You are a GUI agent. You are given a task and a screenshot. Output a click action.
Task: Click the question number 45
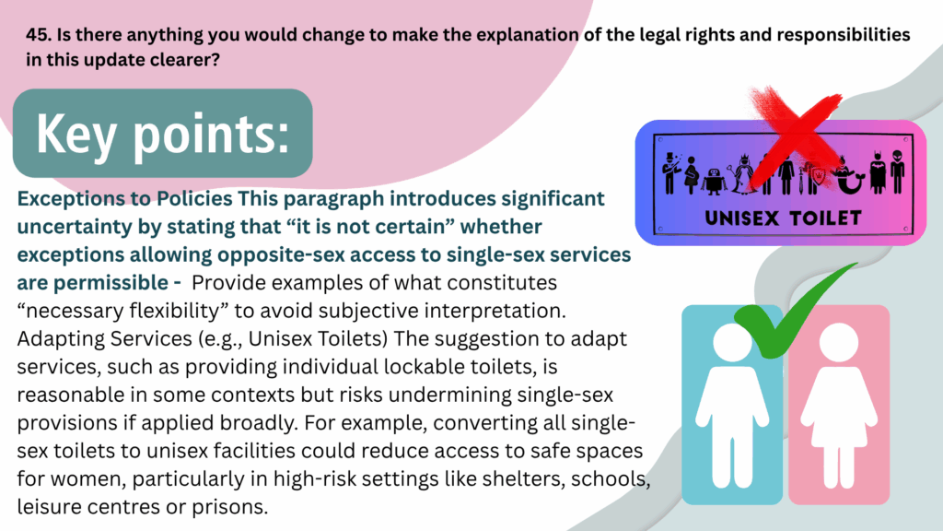tap(39, 35)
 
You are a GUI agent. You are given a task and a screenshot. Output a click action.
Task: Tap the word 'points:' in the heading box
tap(211, 135)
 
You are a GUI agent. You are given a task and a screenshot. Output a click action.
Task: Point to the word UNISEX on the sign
tap(741, 218)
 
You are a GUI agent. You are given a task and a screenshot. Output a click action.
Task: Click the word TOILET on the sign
tap(825, 218)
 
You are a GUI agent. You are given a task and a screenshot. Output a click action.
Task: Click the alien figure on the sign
tap(897, 171)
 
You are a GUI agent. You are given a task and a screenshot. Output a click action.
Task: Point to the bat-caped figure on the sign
tap(878, 172)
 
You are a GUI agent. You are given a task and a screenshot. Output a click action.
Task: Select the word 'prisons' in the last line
tap(229, 508)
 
